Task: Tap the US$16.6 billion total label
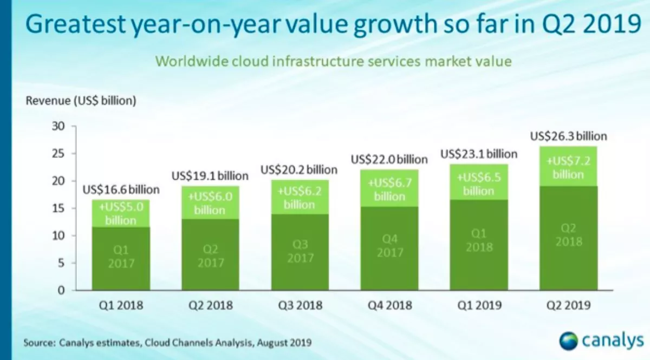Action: (121, 189)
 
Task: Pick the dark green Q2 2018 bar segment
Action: (568, 238)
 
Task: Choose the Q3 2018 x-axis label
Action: (300, 305)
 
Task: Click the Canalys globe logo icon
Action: (569, 342)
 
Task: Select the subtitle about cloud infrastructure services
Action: (334, 61)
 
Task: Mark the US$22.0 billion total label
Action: (389, 160)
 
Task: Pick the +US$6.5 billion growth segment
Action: (479, 184)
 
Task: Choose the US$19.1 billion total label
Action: (210, 176)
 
